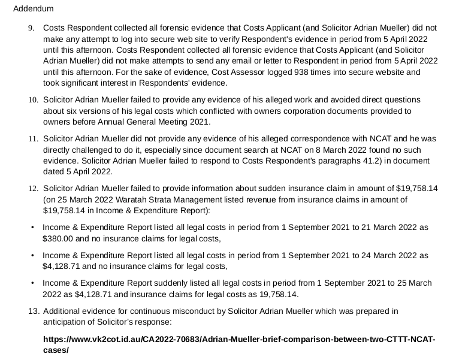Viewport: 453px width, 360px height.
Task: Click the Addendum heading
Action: point(33,9)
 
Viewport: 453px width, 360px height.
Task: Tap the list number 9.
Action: point(31,28)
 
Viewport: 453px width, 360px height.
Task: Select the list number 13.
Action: point(34,311)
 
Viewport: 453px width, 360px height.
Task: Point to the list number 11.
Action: point(33,138)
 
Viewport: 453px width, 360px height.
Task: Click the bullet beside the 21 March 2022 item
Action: point(32,228)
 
